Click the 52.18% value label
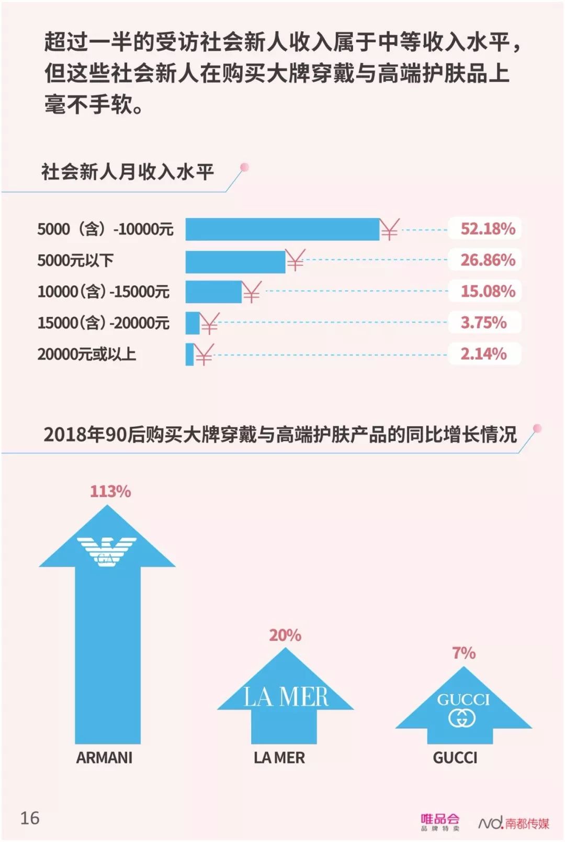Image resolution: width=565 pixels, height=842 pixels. [487, 229]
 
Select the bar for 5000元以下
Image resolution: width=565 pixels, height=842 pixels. [235, 261]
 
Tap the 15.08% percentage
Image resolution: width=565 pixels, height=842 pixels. [487, 291]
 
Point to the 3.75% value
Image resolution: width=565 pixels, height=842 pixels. [483, 323]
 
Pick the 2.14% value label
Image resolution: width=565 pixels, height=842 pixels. [483, 354]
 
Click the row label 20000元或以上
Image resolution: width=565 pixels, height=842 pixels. [86, 354]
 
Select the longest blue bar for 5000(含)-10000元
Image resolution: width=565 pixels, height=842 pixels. [282, 229]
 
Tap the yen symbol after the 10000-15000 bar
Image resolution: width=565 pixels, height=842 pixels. [252, 292]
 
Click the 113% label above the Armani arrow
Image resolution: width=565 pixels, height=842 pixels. [110, 491]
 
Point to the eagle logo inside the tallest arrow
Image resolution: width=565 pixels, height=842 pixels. [107, 551]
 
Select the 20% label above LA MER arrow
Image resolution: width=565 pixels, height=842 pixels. [285, 635]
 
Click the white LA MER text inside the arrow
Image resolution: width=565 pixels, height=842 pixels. [286, 697]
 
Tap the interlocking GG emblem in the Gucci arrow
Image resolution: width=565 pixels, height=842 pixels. [462, 718]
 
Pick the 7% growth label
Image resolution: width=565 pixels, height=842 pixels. [464, 653]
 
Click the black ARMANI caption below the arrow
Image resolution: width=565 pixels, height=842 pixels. [104, 758]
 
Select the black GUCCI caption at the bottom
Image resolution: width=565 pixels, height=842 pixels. [455, 758]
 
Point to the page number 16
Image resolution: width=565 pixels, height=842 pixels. [30, 818]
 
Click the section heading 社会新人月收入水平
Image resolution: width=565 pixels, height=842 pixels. [127, 172]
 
